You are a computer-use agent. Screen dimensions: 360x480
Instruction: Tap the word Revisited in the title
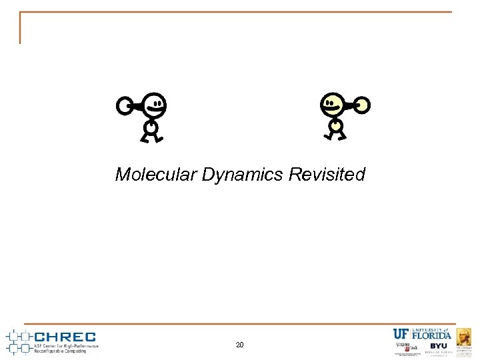[327, 175]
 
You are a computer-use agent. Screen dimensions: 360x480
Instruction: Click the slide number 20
[240, 345]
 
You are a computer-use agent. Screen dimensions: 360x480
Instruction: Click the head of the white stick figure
[154, 104]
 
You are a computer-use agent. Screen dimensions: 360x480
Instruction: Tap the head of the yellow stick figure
[332, 104]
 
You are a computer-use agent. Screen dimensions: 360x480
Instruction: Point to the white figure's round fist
[124, 105]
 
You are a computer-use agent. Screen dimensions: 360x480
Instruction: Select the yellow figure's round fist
[362, 105]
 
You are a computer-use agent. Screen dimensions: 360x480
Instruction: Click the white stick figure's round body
[151, 127]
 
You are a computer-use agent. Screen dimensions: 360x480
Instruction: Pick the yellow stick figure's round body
[335, 125]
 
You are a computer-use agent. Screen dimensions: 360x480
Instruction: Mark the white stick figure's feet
[151, 139]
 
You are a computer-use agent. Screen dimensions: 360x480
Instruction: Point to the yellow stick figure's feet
[335, 137]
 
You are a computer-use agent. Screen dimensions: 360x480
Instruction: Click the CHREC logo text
[65, 337]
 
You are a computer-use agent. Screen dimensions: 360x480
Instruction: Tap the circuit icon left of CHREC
[18, 341]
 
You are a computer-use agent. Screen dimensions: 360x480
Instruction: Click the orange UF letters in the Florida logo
[401, 335]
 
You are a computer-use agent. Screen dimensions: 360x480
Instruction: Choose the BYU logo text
[439, 346]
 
